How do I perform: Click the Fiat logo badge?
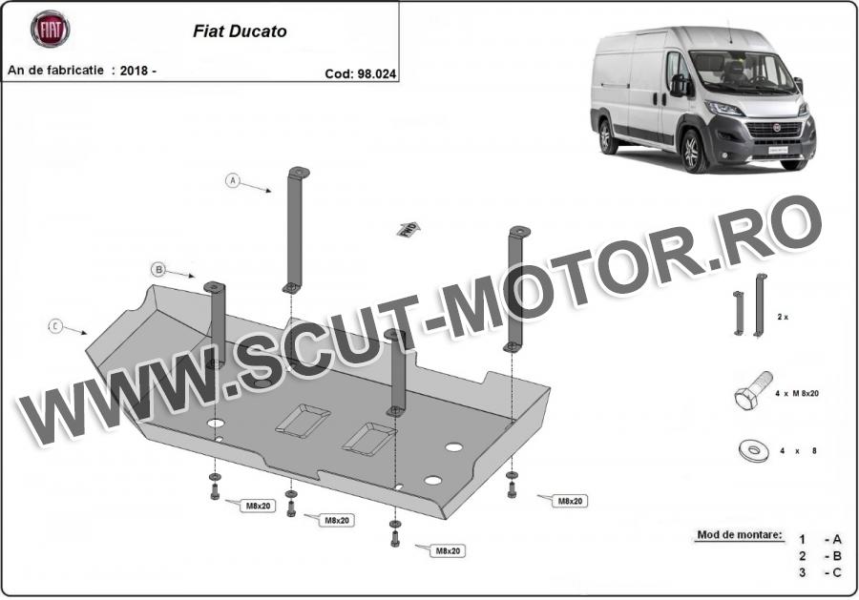(50, 29)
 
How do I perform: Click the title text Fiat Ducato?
(240, 31)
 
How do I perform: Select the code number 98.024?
(376, 73)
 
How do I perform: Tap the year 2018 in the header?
(134, 71)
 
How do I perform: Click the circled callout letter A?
(233, 180)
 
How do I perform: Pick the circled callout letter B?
(158, 269)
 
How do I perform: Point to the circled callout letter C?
(55, 326)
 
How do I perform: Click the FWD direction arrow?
(409, 229)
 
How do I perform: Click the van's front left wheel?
(693, 151)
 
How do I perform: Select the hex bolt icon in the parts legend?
(753, 390)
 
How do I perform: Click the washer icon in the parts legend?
(754, 450)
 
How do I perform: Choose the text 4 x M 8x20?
(797, 393)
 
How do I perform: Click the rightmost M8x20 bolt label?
(570, 501)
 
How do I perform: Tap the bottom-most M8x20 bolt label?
(448, 550)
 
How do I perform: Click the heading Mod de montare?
(740, 535)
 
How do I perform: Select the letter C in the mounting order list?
(836, 572)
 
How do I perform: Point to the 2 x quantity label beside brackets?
(783, 317)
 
